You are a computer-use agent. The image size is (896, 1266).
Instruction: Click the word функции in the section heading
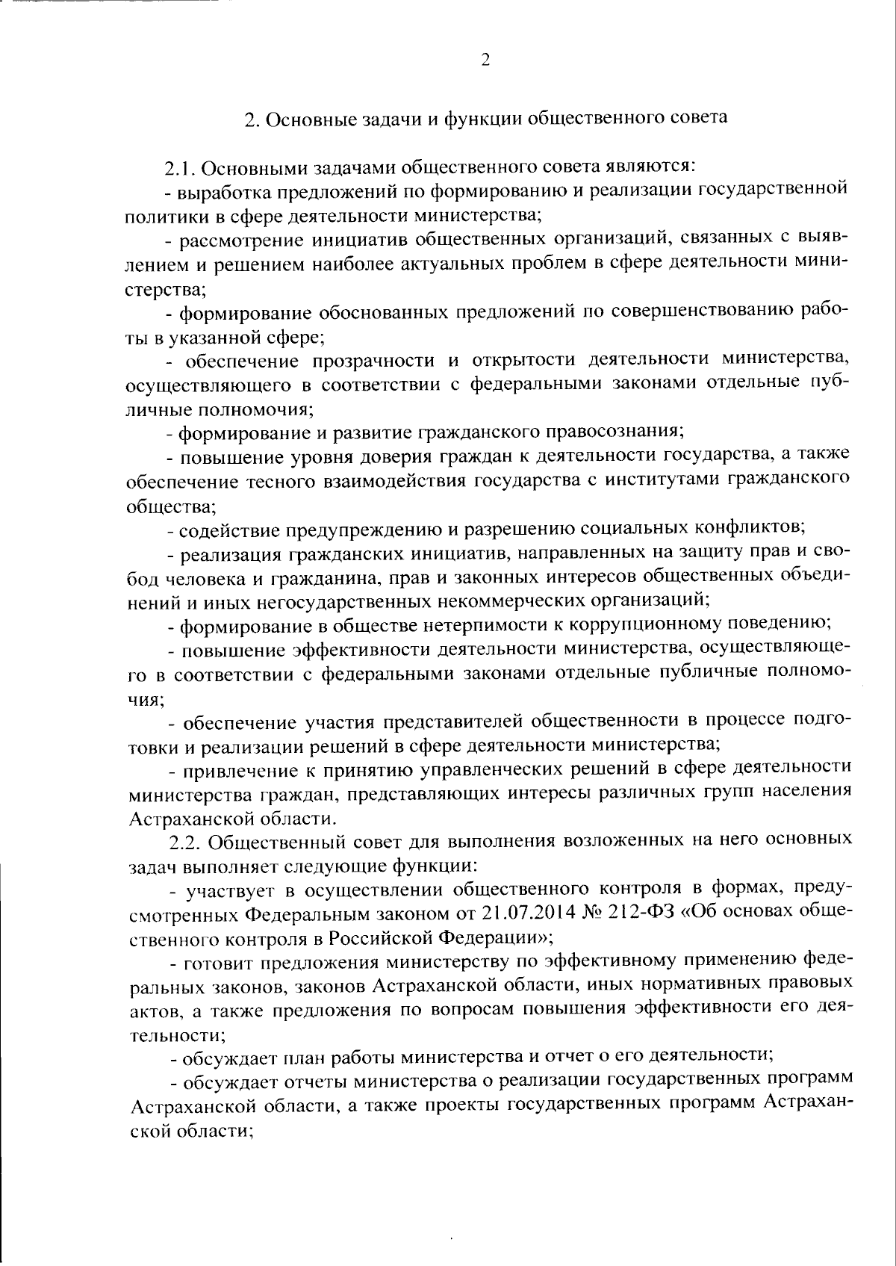(474, 120)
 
